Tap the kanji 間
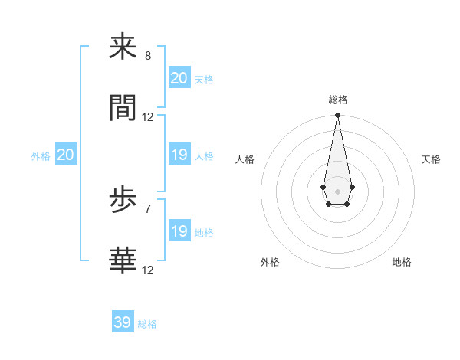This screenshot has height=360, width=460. (123, 108)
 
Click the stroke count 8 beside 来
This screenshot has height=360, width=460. (148, 56)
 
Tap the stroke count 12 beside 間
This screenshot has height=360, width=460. (148, 117)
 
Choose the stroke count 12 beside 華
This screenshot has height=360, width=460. (148, 270)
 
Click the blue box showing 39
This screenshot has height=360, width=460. (123, 322)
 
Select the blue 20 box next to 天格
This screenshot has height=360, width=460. (179, 77)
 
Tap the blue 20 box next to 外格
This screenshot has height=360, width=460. (65, 155)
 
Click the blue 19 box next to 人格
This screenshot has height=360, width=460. (179, 155)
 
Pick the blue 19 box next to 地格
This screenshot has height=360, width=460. (179, 231)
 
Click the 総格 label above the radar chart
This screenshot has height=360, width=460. (338, 100)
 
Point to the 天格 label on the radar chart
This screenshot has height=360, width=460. (431, 159)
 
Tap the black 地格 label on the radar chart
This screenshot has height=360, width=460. (402, 262)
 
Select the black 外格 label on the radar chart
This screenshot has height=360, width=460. (270, 262)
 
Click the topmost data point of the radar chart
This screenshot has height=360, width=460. (337, 116)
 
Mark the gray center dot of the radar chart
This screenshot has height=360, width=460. (337, 190)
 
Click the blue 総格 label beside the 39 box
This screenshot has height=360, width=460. (147, 324)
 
